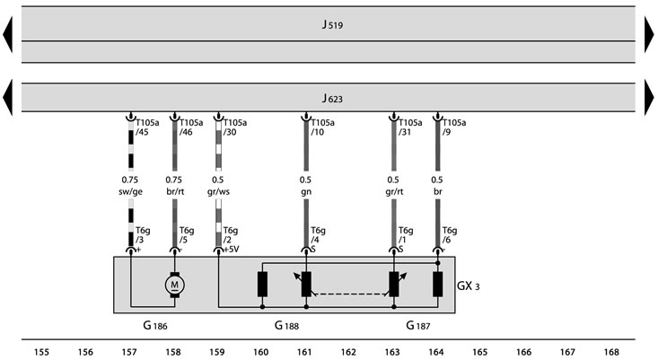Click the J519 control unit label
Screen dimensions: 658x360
(332, 25)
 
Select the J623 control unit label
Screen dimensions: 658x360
(332, 99)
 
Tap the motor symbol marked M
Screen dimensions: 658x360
(174, 285)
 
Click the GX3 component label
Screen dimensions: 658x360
(468, 286)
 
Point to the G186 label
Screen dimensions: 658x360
(155, 325)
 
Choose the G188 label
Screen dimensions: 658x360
(286, 325)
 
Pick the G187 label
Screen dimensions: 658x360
(418, 325)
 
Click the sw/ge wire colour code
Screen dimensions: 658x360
(130, 192)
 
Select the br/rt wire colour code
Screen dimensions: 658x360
(174, 192)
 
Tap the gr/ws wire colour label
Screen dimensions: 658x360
(218, 192)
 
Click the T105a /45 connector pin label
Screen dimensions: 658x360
(147, 127)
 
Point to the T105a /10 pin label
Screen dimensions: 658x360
(322, 127)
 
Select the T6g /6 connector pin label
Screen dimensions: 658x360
(450, 235)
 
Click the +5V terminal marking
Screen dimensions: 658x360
(232, 250)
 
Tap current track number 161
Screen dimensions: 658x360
(304, 352)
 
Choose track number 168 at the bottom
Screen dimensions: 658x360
(611, 352)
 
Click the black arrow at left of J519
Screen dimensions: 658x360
(7, 34)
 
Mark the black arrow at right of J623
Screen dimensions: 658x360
(649, 97)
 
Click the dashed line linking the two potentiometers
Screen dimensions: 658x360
(350, 294)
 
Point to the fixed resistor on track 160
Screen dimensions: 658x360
(262, 284)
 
